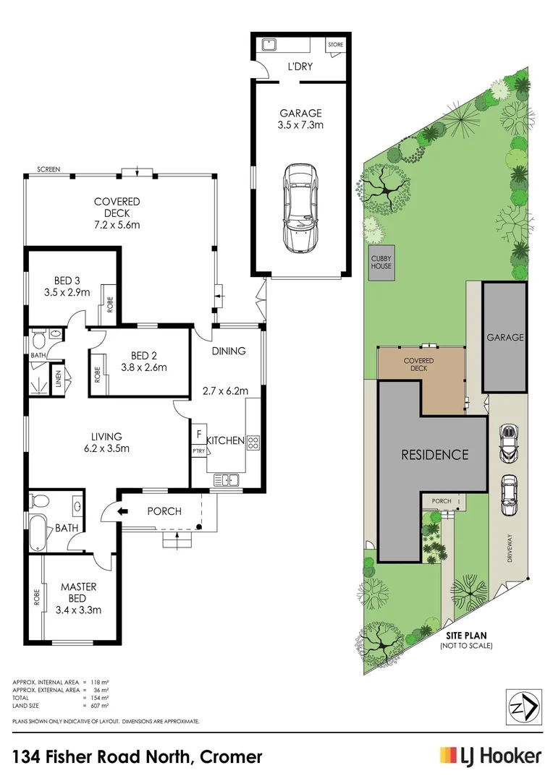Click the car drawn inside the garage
point(300,209)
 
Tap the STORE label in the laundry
point(336,45)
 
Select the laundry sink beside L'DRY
point(269,45)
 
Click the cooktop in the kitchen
point(253,443)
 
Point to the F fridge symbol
point(199,435)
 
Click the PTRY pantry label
point(198,451)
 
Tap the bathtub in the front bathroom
point(38,533)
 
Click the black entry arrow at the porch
point(122,511)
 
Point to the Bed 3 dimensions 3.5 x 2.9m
point(67,292)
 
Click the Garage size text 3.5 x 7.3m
point(300,124)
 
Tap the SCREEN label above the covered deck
point(48,169)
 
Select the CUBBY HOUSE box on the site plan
point(381,263)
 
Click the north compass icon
point(523,707)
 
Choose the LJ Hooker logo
point(490,756)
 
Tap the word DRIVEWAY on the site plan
point(510,548)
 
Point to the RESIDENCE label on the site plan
point(435,454)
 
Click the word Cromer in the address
point(231,757)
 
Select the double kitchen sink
point(227,480)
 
